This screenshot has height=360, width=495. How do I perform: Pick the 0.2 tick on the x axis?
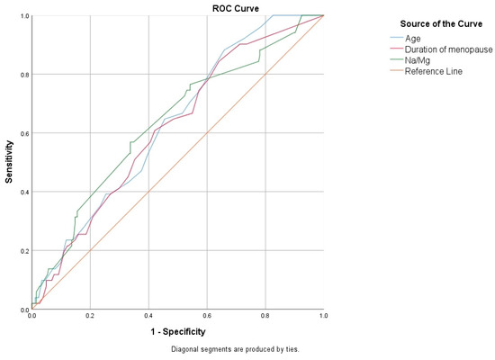pos(90,317)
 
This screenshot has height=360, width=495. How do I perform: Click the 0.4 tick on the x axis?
pos(148,317)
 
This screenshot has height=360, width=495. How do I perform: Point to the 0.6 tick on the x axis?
pos(207,317)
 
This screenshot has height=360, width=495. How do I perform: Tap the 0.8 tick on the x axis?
pos(265,317)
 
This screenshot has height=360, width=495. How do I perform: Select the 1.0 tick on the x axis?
pos(323,317)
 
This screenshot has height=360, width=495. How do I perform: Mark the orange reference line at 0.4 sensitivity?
pos(148,192)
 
